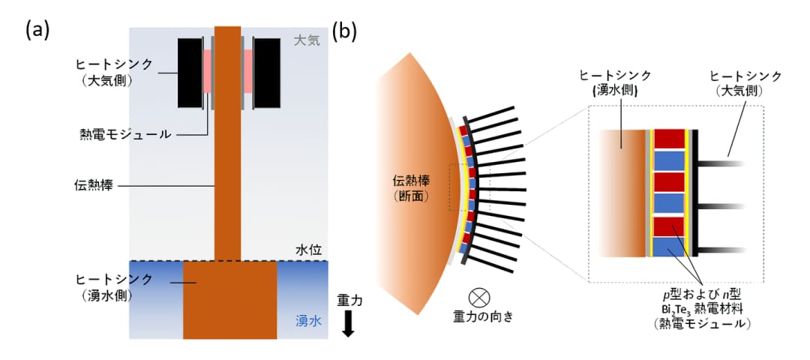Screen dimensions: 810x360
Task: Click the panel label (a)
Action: click(37, 31)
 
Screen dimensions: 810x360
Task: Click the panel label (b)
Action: click(344, 31)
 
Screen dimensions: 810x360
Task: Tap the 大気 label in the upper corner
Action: click(307, 40)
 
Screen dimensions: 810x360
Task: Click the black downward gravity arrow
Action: click(348, 324)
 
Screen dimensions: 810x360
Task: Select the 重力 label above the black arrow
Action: click(349, 300)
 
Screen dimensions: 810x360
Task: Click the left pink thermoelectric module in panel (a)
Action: click(207, 71)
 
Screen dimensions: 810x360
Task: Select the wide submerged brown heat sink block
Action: click(230, 300)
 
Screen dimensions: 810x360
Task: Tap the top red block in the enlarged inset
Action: click(669, 139)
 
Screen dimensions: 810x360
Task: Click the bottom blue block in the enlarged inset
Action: click(669, 247)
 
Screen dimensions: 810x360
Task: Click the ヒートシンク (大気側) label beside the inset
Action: click(745, 82)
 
